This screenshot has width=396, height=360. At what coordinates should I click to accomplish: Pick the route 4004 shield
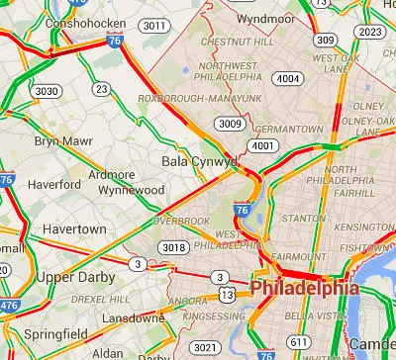(x=288, y=78)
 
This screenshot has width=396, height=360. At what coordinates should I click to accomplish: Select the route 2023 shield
(x=369, y=32)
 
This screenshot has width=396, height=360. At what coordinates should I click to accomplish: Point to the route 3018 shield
(x=173, y=247)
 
